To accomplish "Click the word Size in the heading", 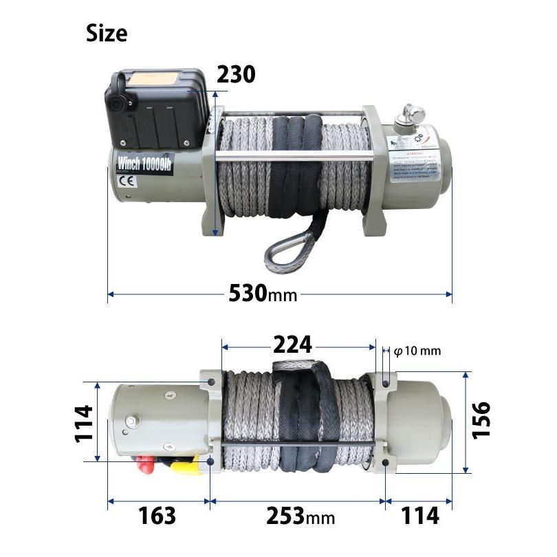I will click(107, 33).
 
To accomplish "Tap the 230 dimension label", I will click(236, 74).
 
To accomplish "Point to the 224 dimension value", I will click(292, 343).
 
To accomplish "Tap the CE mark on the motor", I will click(127, 183).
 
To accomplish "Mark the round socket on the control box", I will click(116, 104).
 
